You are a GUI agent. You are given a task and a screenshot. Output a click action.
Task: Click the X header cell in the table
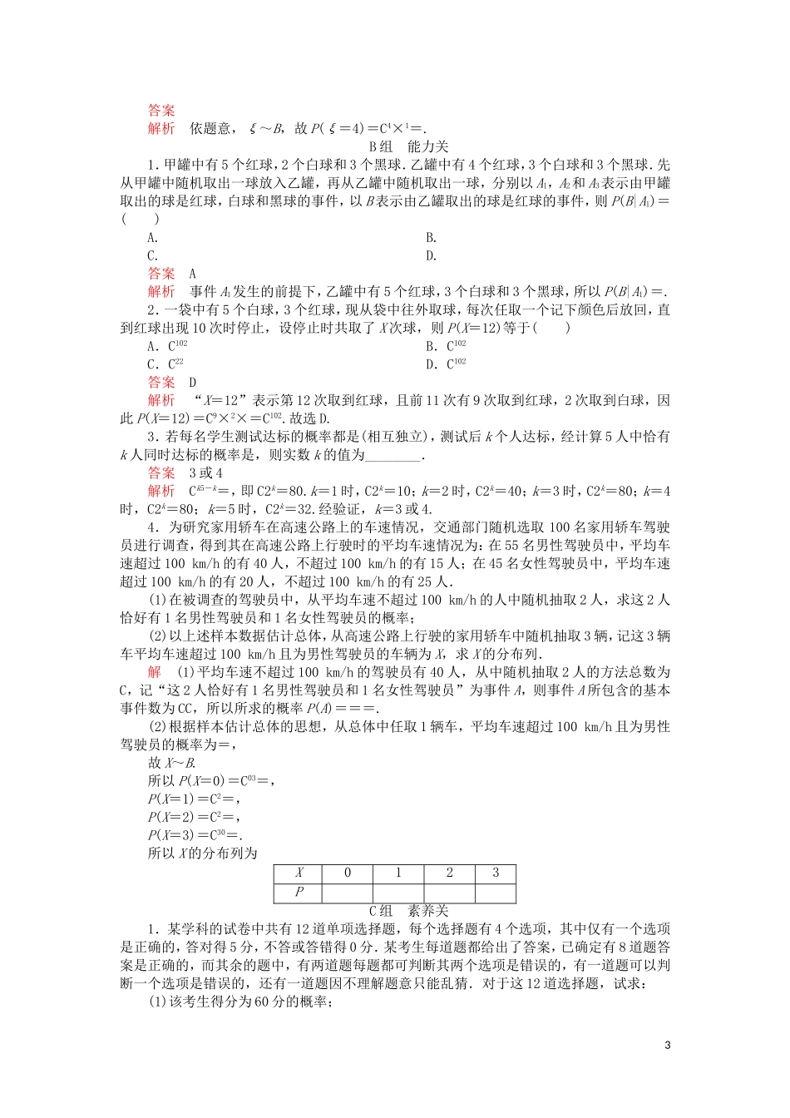(299, 873)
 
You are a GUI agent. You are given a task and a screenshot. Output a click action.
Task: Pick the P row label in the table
(299, 893)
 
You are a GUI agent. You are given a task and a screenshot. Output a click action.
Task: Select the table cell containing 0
(348, 873)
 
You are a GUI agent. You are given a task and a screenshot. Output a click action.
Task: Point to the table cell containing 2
(449, 873)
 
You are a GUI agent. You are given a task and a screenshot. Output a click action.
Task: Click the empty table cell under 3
(496, 893)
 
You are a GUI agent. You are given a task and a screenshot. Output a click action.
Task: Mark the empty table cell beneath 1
(398, 893)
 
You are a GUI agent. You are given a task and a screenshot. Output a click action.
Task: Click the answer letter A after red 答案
(193, 274)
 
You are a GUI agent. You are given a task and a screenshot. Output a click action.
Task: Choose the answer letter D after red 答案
(193, 383)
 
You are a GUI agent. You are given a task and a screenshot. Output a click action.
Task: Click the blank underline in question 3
(393, 455)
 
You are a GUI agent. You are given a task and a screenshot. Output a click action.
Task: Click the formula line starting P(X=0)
(211, 780)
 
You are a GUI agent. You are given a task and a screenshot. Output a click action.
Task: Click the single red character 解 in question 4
(154, 671)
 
